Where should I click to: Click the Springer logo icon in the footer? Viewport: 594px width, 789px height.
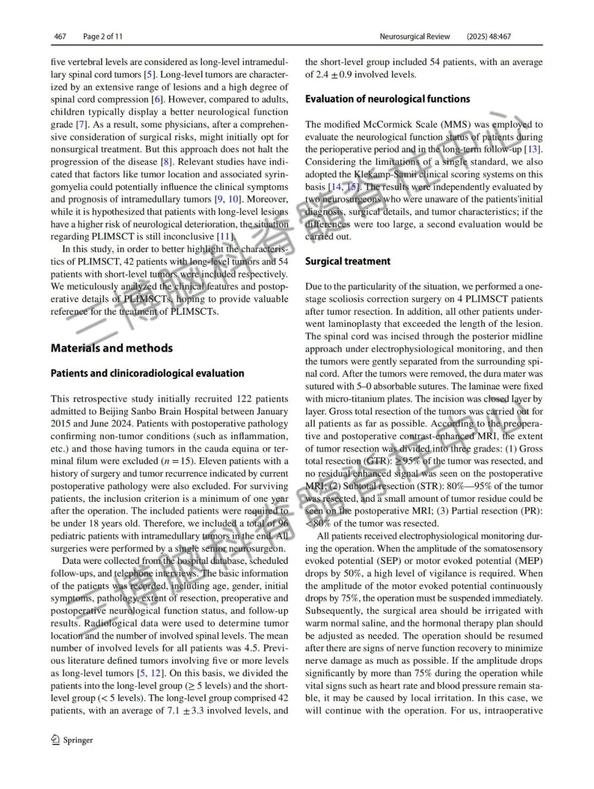pos(55,740)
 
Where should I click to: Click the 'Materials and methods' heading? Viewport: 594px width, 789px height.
pos(112,348)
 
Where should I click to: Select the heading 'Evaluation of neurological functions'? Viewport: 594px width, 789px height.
pos(387,99)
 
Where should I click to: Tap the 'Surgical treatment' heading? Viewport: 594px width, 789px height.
pos(348,261)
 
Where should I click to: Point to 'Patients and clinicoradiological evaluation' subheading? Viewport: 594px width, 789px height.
pos(147,374)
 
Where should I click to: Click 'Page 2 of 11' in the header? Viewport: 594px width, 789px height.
pos(103,37)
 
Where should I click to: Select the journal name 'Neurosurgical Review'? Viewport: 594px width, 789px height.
pos(415,37)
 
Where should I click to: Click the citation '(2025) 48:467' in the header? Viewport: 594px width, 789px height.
pos(488,37)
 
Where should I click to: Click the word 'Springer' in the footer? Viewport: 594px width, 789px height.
pos(78,741)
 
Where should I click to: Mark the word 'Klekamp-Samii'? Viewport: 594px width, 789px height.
pos(387,174)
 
